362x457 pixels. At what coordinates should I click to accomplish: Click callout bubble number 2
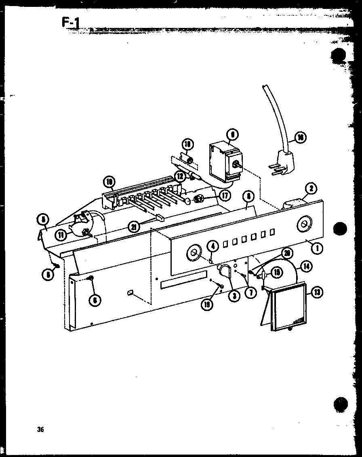(311, 188)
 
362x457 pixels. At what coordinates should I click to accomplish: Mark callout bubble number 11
(61, 234)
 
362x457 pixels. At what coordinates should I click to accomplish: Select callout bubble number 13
(316, 293)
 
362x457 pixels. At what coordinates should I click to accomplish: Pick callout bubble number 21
(134, 227)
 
